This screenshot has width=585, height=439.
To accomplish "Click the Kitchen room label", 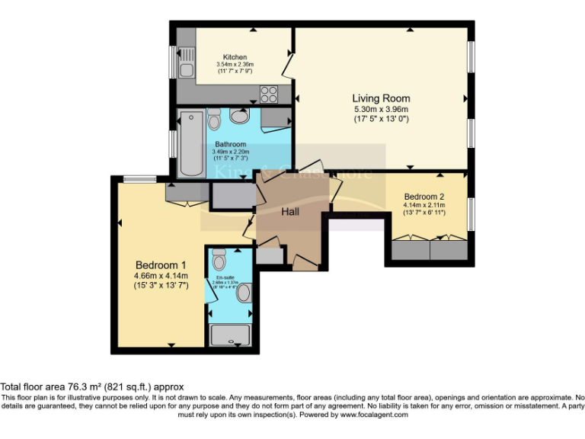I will pos(234,57).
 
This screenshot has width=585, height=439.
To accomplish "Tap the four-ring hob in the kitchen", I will pos(269,95).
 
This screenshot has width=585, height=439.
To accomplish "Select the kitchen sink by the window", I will pos(185,71).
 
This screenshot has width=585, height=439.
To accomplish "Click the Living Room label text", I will pos(381,98).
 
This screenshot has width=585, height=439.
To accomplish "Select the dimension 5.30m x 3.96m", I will pos(381,110).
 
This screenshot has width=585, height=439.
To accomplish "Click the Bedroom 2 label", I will pos(424,195).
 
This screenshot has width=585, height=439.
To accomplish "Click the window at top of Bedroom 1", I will pos(136,180).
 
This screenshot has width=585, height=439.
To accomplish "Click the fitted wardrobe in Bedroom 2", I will pos(430,249).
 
